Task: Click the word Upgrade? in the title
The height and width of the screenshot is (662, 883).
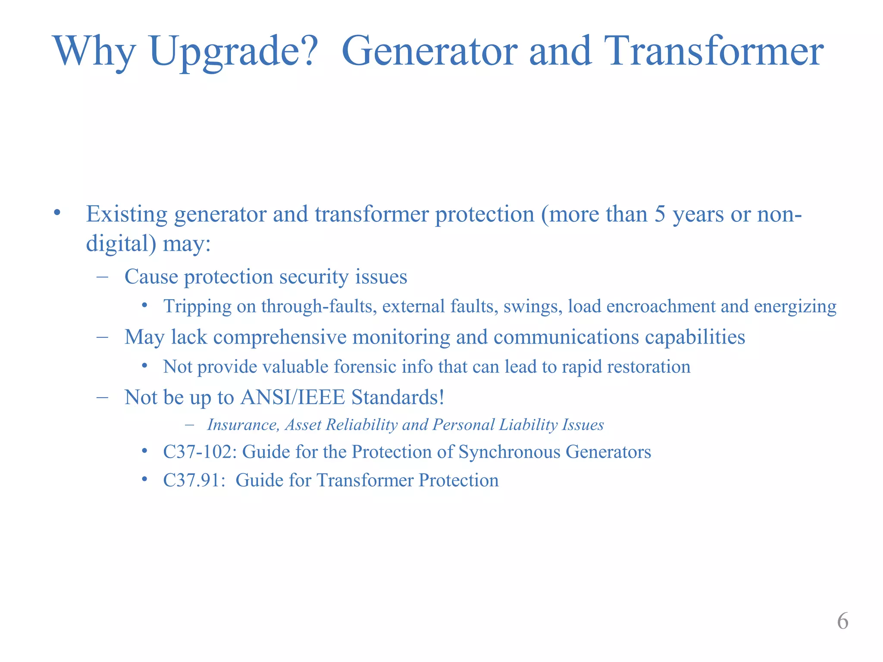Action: tap(233, 52)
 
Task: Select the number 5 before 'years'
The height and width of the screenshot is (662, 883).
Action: tap(660, 214)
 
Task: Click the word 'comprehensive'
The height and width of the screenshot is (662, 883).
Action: tap(280, 337)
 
